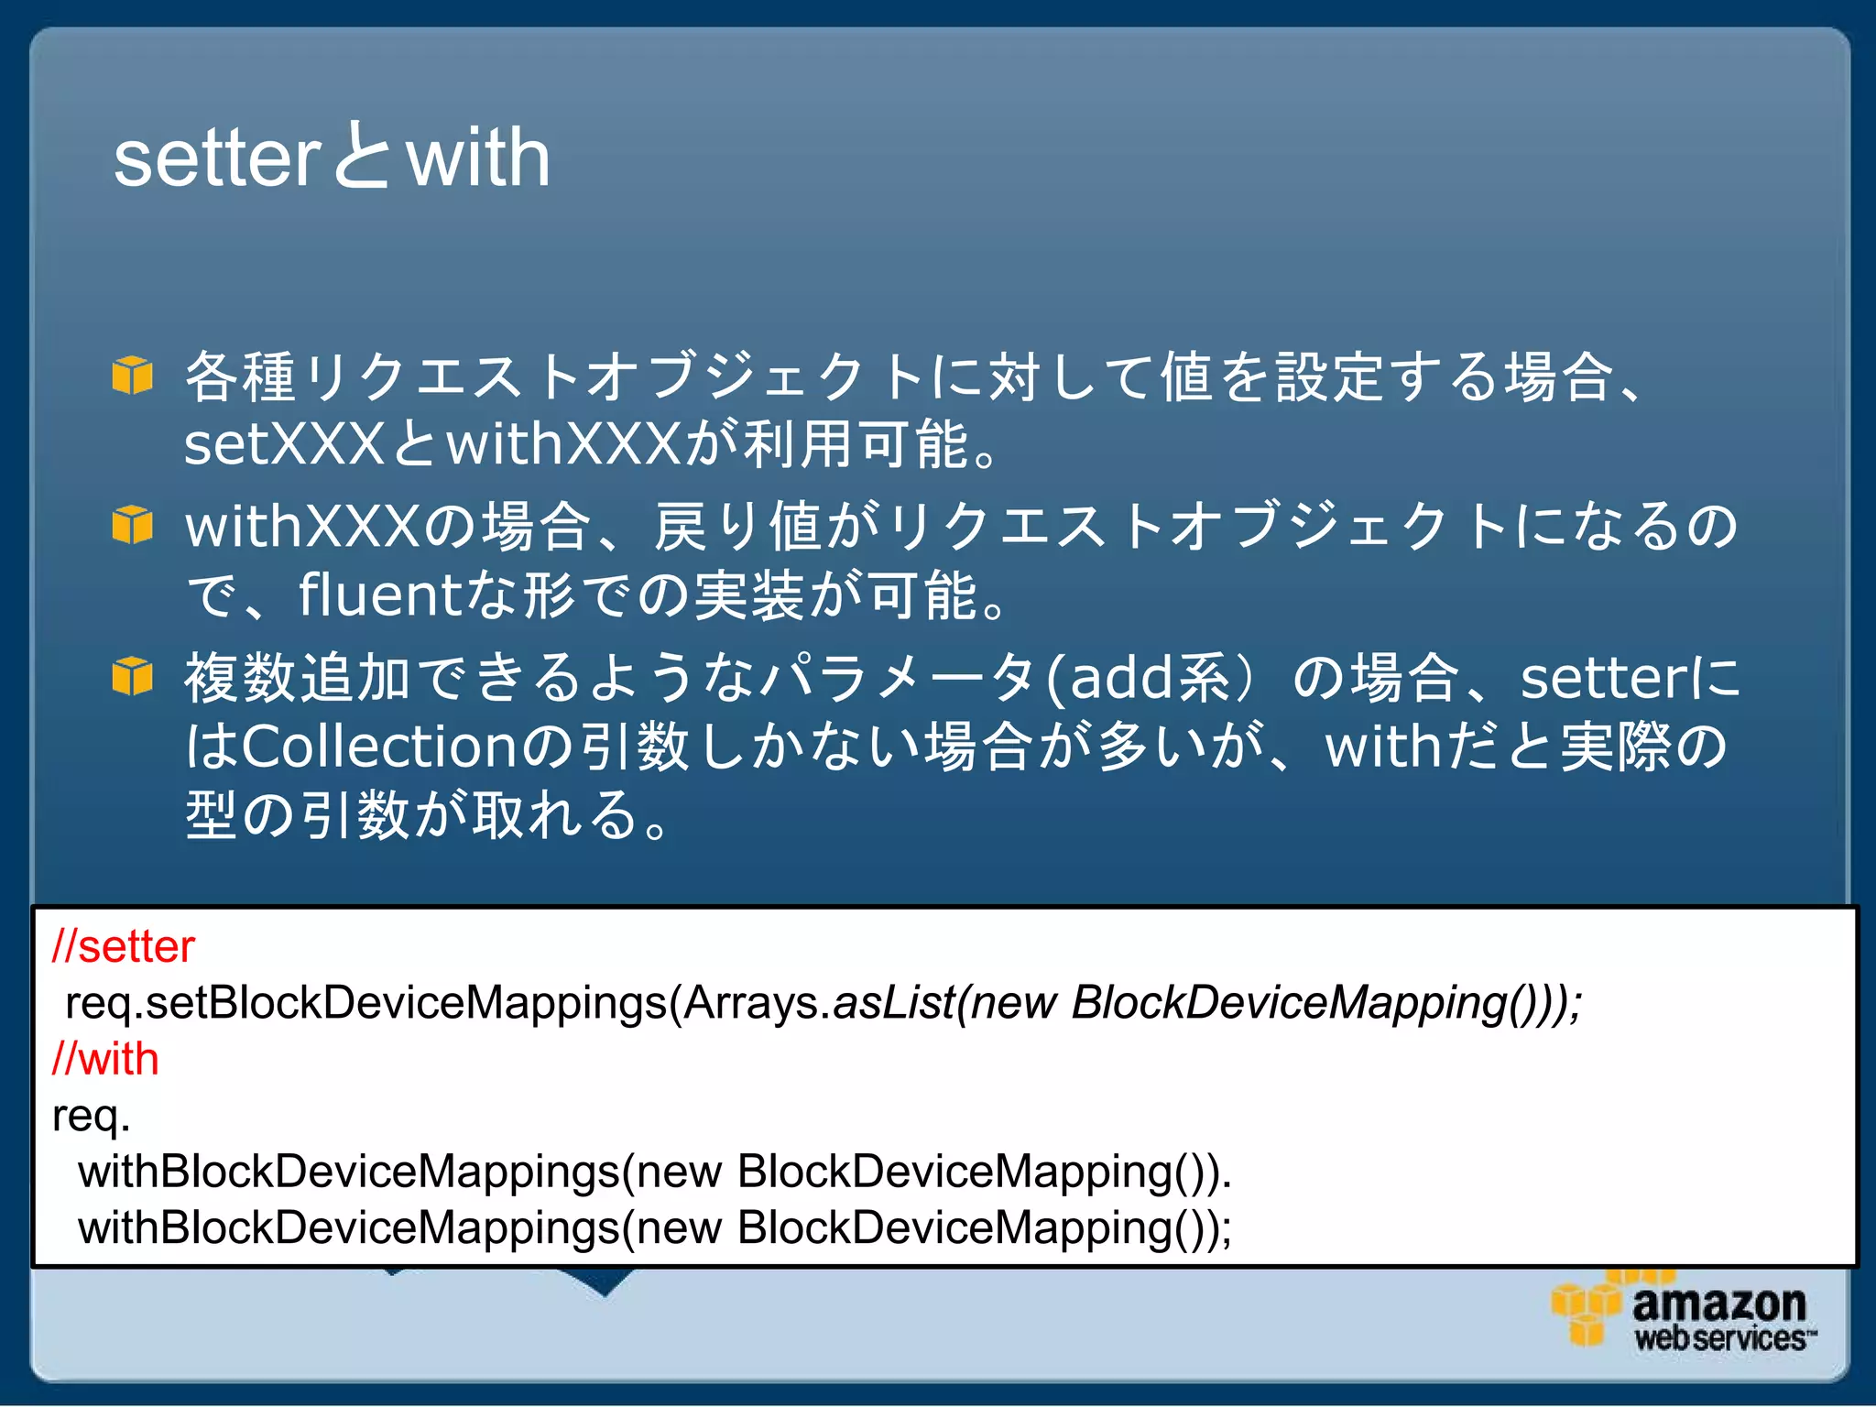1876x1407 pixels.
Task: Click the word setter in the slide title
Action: pos(217,158)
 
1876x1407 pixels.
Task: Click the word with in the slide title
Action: pos(477,158)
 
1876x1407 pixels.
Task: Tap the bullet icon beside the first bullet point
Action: pos(132,376)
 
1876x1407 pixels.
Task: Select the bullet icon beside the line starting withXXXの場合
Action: pos(132,525)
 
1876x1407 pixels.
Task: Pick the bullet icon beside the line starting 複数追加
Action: pos(132,677)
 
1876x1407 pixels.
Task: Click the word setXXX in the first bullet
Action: pos(284,444)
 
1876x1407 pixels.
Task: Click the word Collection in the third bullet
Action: pos(379,746)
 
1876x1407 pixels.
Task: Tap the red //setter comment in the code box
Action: pos(124,946)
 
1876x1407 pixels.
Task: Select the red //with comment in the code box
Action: pos(105,1059)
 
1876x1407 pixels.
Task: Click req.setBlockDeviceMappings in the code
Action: pos(366,1002)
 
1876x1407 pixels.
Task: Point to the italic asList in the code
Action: pos(893,1002)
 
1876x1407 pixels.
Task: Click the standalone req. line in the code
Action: pos(91,1116)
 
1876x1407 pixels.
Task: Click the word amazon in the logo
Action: pos(1718,1303)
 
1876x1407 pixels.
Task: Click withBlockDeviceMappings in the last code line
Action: pos(349,1227)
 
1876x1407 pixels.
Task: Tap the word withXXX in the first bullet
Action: pos(564,444)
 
